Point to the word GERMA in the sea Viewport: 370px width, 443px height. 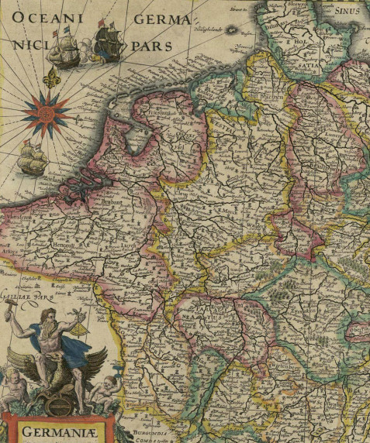162,19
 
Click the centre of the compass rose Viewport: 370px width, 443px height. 47,113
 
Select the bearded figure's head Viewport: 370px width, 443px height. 49,318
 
